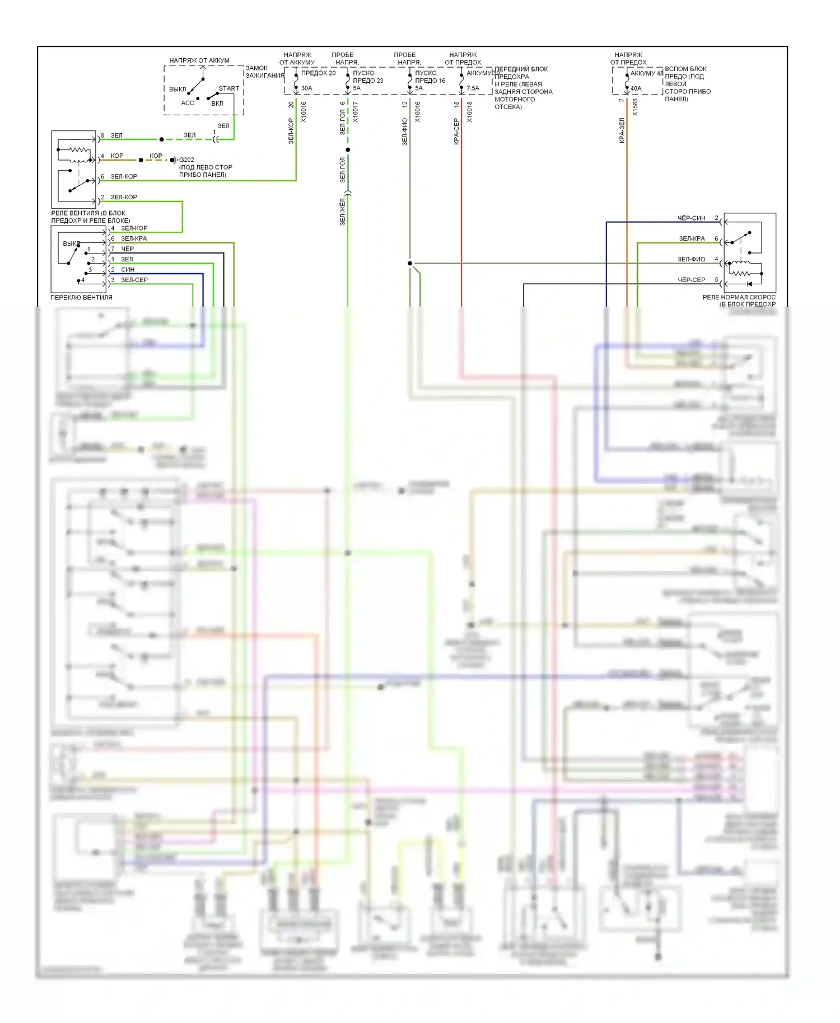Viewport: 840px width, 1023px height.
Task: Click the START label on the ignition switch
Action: [x=228, y=88]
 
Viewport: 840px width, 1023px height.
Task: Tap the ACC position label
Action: [x=187, y=103]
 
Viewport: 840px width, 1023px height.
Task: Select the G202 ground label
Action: [x=186, y=159]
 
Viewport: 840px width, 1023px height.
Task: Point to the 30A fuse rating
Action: [x=306, y=88]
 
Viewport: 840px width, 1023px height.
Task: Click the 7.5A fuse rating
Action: [x=473, y=88]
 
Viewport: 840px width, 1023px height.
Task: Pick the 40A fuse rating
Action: [x=636, y=88]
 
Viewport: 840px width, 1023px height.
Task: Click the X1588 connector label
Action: [x=635, y=107]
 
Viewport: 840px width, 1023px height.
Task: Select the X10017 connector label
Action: [x=356, y=112]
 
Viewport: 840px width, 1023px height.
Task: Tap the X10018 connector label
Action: [x=470, y=112]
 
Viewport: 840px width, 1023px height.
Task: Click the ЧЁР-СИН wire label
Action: [x=691, y=218]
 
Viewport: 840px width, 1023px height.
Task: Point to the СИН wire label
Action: [x=128, y=270]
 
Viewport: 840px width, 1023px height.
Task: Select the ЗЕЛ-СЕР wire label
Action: [x=134, y=280]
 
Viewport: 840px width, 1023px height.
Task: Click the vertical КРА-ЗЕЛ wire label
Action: [x=622, y=130]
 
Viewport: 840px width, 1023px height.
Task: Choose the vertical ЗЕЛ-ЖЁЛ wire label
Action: [x=342, y=212]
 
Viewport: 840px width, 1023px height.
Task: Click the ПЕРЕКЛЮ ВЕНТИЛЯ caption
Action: [x=81, y=298]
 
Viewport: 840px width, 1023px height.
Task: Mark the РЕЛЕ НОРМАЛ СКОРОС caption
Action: [x=739, y=297]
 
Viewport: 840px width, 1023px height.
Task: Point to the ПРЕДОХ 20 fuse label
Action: [x=318, y=73]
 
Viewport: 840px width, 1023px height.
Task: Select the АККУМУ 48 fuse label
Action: [x=646, y=73]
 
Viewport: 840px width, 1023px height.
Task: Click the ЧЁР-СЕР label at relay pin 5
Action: [x=691, y=280]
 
